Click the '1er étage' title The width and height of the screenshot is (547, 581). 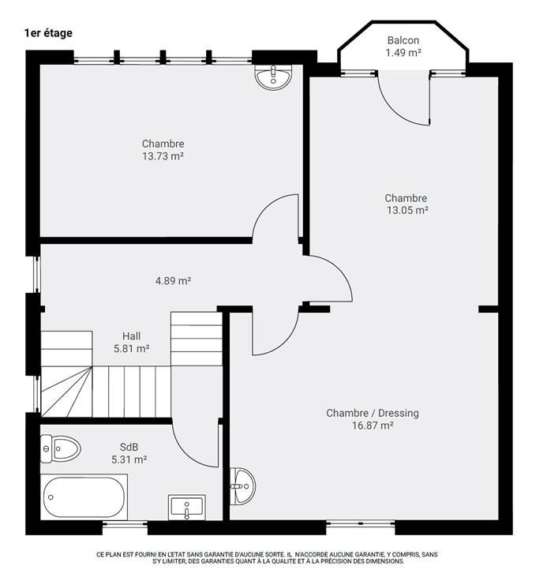pos(48,33)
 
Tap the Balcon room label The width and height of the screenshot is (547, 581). pos(403,40)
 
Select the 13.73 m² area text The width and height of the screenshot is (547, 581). pos(163,156)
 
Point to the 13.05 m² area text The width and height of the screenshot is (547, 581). pos(407,210)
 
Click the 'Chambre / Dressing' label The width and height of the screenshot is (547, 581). pos(373,413)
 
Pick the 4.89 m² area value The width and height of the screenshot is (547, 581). pos(173,280)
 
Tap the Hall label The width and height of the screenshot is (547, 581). pos(132,336)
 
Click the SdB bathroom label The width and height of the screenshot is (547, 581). pos(129,447)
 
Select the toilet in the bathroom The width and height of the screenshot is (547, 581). pos(61,449)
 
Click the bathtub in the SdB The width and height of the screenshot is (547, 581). pos(84,497)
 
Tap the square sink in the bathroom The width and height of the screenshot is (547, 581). pos(187,508)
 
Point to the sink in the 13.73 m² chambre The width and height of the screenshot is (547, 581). pos(274,77)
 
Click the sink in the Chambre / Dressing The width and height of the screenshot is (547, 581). pos(243,486)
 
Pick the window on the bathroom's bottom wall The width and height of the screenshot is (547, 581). pos(125,523)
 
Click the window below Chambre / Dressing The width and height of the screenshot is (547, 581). pos(361,523)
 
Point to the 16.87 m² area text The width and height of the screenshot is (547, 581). pos(373,425)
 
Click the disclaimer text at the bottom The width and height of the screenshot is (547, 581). pos(267,557)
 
